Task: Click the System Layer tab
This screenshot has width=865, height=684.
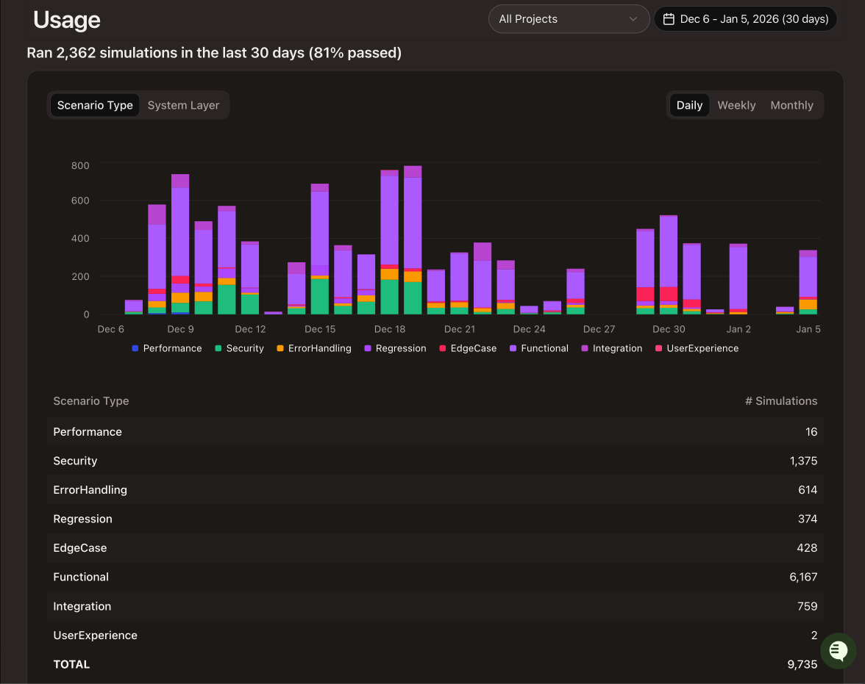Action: point(183,105)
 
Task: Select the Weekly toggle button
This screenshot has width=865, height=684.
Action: point(736,105)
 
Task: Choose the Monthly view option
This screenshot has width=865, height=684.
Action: point(791,105)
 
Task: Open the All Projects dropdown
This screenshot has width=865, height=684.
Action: point(569,19)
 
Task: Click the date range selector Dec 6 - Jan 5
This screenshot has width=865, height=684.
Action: point(746,19)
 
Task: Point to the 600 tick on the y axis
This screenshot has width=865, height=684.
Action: point(80,201)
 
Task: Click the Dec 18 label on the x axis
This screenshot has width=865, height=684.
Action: point(390,329)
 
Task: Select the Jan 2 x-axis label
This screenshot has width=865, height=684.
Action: point(738,329)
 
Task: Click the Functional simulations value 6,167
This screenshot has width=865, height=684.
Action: point(803,577)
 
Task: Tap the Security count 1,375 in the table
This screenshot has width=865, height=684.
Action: point(803,461)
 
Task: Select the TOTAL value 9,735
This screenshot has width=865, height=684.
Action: point(802,664)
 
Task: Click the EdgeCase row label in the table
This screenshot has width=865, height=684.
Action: point(80,548)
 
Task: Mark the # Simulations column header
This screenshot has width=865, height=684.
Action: point(780,401)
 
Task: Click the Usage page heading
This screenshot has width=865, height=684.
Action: point(67,21)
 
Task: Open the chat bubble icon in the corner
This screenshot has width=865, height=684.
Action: point(839,650)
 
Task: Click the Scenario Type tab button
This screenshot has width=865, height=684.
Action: point(95,105)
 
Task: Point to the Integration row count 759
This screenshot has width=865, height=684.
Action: point(807,606)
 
